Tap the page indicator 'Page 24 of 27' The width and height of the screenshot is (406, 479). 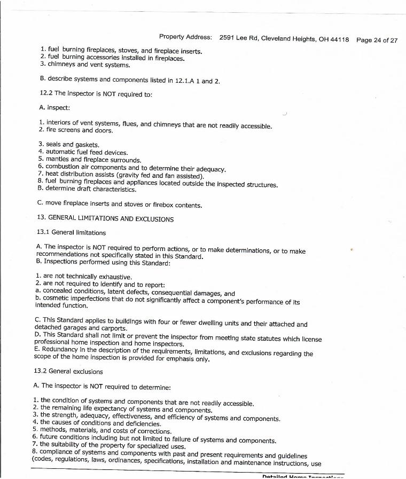[x=377, y=40]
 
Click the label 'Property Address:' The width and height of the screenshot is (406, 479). [x=185, y=37]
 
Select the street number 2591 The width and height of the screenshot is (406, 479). [x=228, y=38]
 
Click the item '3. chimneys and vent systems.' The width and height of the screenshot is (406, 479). [x=85, y=65]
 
